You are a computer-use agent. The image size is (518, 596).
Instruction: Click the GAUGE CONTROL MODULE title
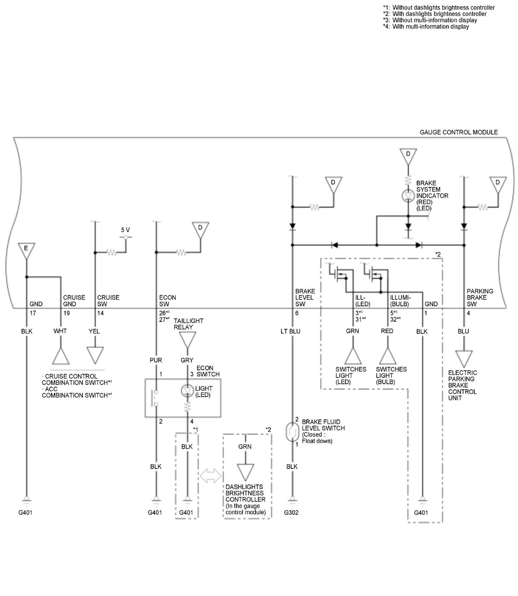coord(458,132)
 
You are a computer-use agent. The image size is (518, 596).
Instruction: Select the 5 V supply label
coord(126,230)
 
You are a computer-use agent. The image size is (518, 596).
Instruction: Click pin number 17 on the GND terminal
coord(33,313)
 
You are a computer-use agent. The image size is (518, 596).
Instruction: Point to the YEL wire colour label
coord(94,331)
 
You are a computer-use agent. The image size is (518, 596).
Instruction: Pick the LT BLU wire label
coord(291,331)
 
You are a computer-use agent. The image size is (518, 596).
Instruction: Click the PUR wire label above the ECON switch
coord(156,360)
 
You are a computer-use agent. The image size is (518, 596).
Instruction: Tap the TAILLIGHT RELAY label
coord(188,324)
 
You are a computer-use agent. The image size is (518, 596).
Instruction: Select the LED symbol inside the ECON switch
coord(187,390)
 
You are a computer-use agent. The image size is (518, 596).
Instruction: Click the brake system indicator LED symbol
coord(408,196)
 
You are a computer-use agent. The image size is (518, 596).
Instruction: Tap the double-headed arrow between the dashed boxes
coord(211,476)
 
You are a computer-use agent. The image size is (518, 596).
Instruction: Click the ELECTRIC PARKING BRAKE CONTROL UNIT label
coord(462,385)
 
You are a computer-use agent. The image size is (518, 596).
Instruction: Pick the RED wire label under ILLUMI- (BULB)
coord(387,331)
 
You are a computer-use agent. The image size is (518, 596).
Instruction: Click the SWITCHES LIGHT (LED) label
coord(351,375)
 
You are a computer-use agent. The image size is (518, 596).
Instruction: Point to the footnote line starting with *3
coord(430,20)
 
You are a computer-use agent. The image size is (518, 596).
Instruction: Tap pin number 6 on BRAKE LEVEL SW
coord(297,313)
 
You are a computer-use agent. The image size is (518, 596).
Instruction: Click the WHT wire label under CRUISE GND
coord(60,331)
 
